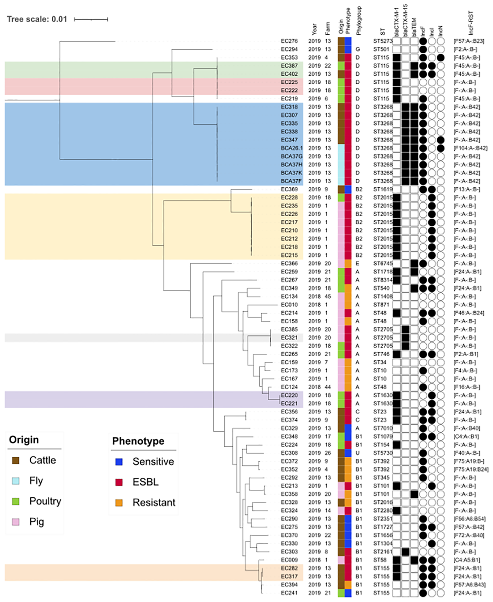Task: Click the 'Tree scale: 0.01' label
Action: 37,19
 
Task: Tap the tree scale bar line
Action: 91,19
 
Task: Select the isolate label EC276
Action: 289,41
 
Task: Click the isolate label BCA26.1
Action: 292,148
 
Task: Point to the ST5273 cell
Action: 382,41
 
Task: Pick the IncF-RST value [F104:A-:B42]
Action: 470,148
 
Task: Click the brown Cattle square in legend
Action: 16,461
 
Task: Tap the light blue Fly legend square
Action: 16,481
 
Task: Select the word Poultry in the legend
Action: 45,501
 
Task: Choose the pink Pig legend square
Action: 16,522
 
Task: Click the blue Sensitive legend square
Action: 119,462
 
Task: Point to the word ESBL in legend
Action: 145,482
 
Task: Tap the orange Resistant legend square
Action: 119,503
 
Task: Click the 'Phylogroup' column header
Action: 359,21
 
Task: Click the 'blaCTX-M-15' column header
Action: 405,20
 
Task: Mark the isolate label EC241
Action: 289,593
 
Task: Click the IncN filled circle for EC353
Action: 440,58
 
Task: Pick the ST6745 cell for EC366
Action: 382,264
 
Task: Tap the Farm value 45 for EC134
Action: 328,297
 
